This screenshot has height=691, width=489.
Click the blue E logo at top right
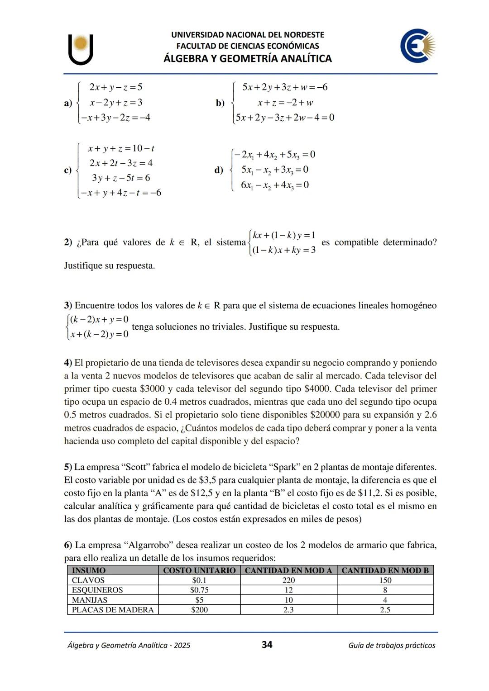coord(417,46)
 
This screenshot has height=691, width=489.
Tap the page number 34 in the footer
coord(267,644)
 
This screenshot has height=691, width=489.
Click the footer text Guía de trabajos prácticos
coord(392,645)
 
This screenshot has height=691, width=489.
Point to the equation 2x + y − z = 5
coord(116,87)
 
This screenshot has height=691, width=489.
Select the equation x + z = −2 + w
coord(285,103)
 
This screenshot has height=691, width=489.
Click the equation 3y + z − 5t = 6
coord(121,178)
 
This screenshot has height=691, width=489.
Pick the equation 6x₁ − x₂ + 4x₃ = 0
coord(275,185)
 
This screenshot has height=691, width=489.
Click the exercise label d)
coord(219,170)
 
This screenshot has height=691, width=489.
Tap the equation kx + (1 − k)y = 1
coord(284,235)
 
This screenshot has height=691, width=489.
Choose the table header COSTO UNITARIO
coord(199,570)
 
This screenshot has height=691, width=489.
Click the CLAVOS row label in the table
coord(88,580)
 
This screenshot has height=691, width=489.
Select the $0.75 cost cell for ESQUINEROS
coord(199,590)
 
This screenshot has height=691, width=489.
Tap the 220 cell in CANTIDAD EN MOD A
coord(288,580)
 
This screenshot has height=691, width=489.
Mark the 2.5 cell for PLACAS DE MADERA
coord(385,610)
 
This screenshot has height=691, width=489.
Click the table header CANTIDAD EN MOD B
coord(385,570)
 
